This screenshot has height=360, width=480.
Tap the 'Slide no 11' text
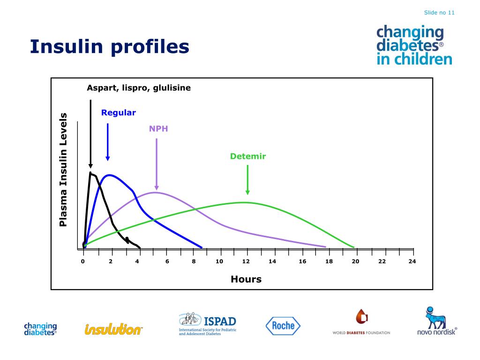click(x=439, y=13)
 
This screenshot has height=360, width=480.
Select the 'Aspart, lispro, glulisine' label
click(x=139, y=88)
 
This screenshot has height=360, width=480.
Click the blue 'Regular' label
click(x=119, y=112)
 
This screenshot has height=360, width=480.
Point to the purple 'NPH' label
click(x=158, y=129)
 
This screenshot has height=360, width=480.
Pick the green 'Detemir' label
click(x=248, y=157)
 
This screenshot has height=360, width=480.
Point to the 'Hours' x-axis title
click(x=246, y=279)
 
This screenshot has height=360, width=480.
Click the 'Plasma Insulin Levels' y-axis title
click(x=63, y=170)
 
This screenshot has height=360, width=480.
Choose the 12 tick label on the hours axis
click(x=246, y=262)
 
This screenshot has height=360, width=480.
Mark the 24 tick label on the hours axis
click(x=412, y=262)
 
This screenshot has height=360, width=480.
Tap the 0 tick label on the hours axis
click(x=82, y=262)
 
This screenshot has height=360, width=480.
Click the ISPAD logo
click(x=208, y=324)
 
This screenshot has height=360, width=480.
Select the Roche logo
click(x=283, y=326)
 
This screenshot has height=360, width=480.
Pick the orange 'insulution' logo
click(x=113, y=330)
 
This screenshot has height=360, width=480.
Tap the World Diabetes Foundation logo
click(x=361, y=323)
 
